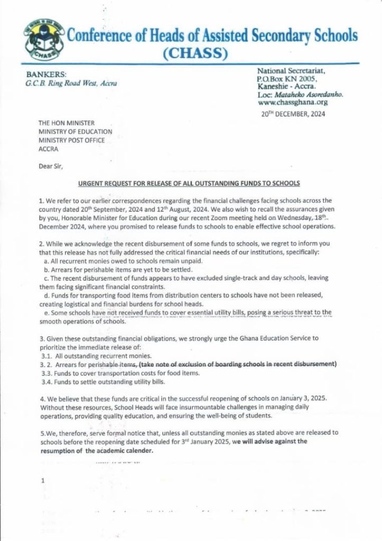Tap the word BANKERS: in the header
click(x=45, y=74)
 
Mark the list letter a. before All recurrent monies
click(x=45, y=262)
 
